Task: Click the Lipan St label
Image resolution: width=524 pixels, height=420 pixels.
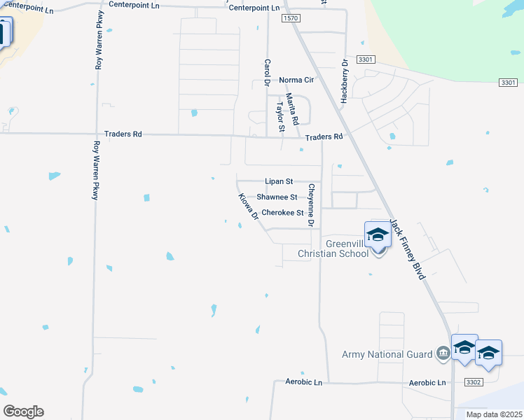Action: coord(279,181)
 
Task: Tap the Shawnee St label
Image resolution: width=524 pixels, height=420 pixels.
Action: coord(277,197)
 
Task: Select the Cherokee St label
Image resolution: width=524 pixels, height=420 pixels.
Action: coord(282,213)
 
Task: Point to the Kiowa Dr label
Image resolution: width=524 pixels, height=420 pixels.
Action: coord(249,208)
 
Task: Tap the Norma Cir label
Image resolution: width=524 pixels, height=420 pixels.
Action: coord(296,80)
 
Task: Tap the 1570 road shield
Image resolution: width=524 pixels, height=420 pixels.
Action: coord(291,19)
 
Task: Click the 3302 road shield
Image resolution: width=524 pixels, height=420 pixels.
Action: coord(474,382)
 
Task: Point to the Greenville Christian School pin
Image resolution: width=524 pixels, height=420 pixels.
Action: coord(377,237)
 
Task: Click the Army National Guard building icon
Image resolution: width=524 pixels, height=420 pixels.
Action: coord(443,354)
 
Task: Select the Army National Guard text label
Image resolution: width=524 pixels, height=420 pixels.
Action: coord(387,355)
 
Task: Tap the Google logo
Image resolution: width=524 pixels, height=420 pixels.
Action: coord(23,412)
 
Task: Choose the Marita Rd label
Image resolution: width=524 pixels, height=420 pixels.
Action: coord(295,108)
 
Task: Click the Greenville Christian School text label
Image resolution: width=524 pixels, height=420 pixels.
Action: coord(333,248)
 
